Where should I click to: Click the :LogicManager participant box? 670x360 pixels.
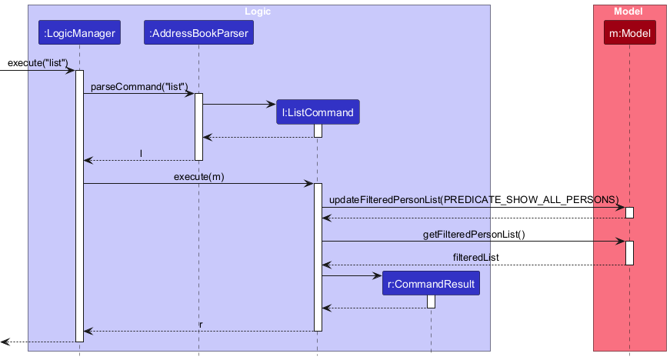pyautogui.click(x=80, y=33)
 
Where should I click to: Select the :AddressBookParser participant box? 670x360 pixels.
pyautogui.click(x=198, y=33)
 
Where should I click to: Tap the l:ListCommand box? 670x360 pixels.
pyautogui.click(x=318, y=112)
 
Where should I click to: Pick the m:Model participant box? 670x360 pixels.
pyautogui.click(x=629, y=33)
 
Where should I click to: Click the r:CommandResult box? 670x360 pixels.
pyautogui.click(x=431, y=284)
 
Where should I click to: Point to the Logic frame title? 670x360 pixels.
pyautogui.click(x=258, y=12)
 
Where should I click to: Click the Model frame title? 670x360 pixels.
pyautogui.click(x=628, y=12)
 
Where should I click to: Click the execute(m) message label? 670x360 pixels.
pyautogui.click(x=198, y=176)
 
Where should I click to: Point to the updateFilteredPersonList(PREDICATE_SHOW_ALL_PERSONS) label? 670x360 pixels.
pyautogui.click(x=473, y=199)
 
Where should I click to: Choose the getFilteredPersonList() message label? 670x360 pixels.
pyautogui.click(x=475, y=234)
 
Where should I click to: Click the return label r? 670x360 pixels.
pyautogui.click(x=201, y=324)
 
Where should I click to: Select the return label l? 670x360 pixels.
pyautogui.click(x=141, y=153)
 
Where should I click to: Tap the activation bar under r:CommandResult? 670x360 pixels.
pyautogui.click(x=431, y=302)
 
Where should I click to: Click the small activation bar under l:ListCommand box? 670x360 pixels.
pyautogui.click(x=318, y=131)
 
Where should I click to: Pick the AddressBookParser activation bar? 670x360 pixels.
pyautogui.click(x=198, y=127)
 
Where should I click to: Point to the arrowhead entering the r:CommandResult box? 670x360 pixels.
pyautogui.click(x=377, y=275)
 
